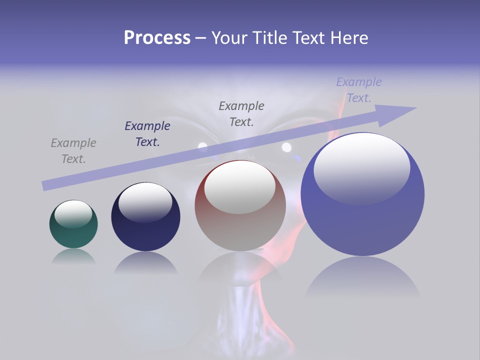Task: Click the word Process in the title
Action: [x=157, y=38]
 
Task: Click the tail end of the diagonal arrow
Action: [x=46, y=185]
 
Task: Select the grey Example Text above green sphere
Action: [x=73, y=151]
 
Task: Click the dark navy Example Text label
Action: [x=147, y=134]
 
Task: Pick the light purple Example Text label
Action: [x=359, y=90]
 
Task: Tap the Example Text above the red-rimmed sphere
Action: [x=241, y=114]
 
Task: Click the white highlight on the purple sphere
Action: [x=361, y=167]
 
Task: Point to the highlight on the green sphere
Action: [x=73, y=213]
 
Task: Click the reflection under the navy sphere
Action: [x=145, y=262]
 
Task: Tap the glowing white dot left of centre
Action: [x=202, y=146]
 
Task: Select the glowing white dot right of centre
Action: [x=286, y=147]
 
